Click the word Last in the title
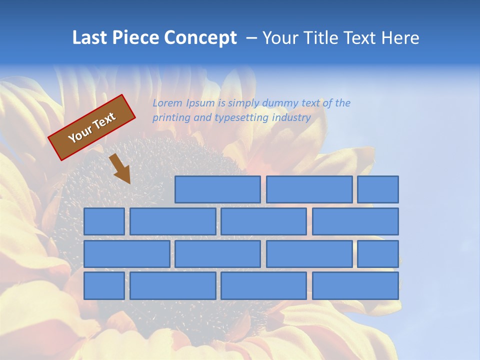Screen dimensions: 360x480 (90, 38)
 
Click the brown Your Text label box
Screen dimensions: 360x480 (92, 127)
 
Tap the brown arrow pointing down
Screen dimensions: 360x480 (120, 169)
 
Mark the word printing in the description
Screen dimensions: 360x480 (170, 118)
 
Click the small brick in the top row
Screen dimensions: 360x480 (378, 189)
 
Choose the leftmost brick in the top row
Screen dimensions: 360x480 (217, 189)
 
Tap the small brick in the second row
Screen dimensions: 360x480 (104, 221)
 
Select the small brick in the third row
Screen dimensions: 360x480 (378, 254)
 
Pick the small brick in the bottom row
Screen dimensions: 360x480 (104, 286)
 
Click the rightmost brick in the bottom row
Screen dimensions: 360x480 (355, 286)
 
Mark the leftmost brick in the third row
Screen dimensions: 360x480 (126, 254)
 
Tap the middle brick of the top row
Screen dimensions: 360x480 (309, 189)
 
